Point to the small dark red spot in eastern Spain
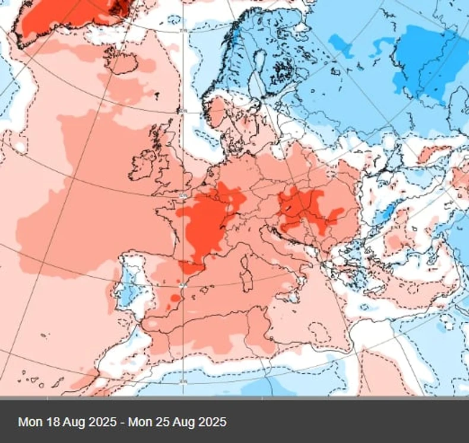coord(175,297)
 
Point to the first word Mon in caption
coord(30,422)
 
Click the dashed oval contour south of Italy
coord(320,333)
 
